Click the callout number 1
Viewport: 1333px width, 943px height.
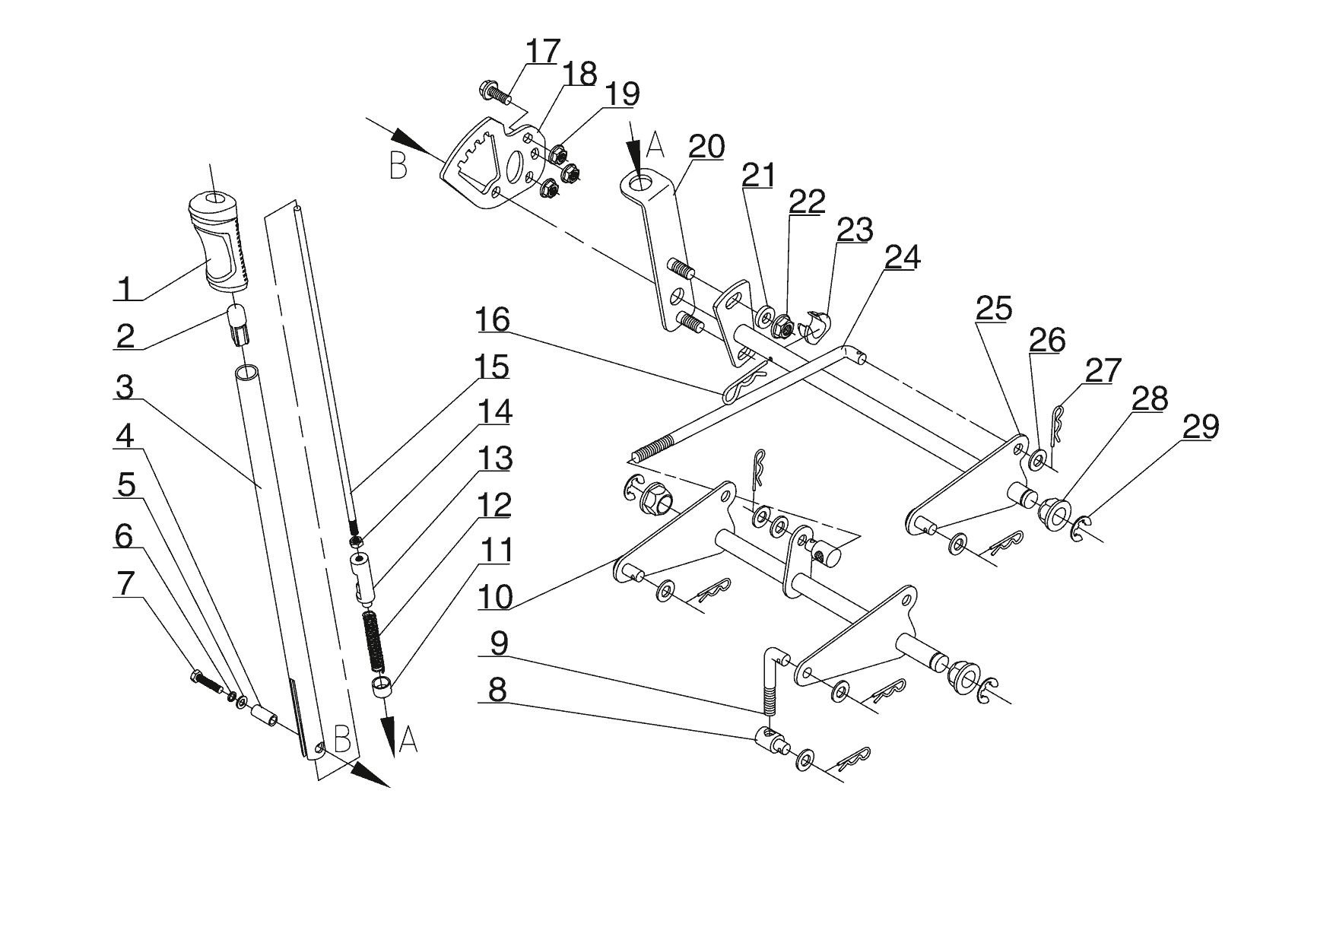[126, 289]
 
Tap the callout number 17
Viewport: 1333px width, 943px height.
[543, 52]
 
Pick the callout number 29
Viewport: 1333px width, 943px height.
[1200, 427]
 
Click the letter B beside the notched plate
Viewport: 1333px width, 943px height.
[398, 165]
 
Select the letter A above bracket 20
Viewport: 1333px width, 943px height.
[656, 144]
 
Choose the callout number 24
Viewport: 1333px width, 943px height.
[902, 257]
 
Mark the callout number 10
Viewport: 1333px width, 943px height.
[496, 596]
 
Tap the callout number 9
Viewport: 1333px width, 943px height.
[498, 643]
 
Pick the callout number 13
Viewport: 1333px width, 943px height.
[495, 459]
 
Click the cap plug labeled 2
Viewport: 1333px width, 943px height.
[236, 322]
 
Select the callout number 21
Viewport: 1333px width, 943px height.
[758, 175]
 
